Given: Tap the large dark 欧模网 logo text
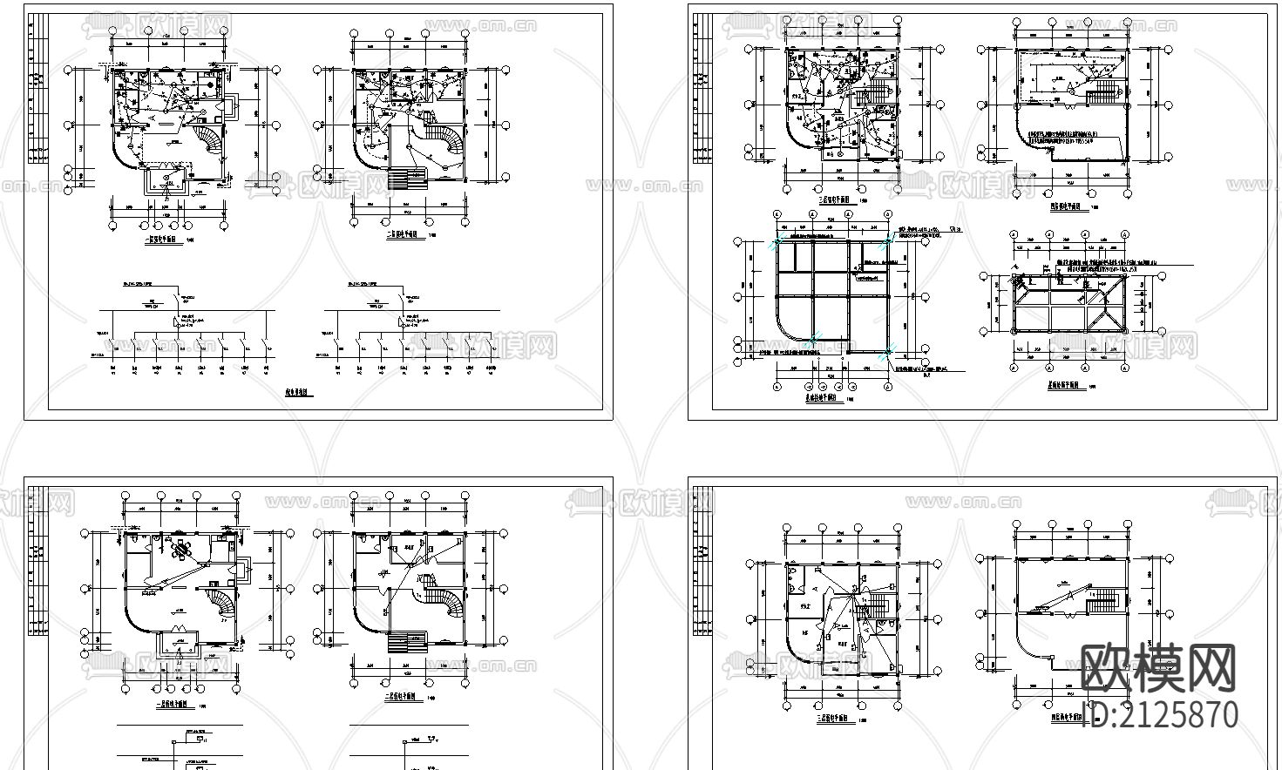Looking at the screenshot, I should [x=1158, y=669].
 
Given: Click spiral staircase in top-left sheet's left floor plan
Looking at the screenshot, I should [x=209, y=140].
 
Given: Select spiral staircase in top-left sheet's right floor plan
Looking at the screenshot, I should [x=446, y=142].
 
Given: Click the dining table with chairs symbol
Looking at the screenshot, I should [x=182, y=550].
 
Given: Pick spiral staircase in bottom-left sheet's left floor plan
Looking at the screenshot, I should [x=220, y=602].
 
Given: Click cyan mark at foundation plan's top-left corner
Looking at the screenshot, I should [x=775, y=245].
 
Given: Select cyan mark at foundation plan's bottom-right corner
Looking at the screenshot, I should [x=887, y=351].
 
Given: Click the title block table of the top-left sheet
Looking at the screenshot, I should [x=37, y=87].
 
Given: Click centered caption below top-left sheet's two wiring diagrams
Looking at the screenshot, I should [x=300, y=393].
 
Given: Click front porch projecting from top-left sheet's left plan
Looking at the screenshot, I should [x=167, y=181].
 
